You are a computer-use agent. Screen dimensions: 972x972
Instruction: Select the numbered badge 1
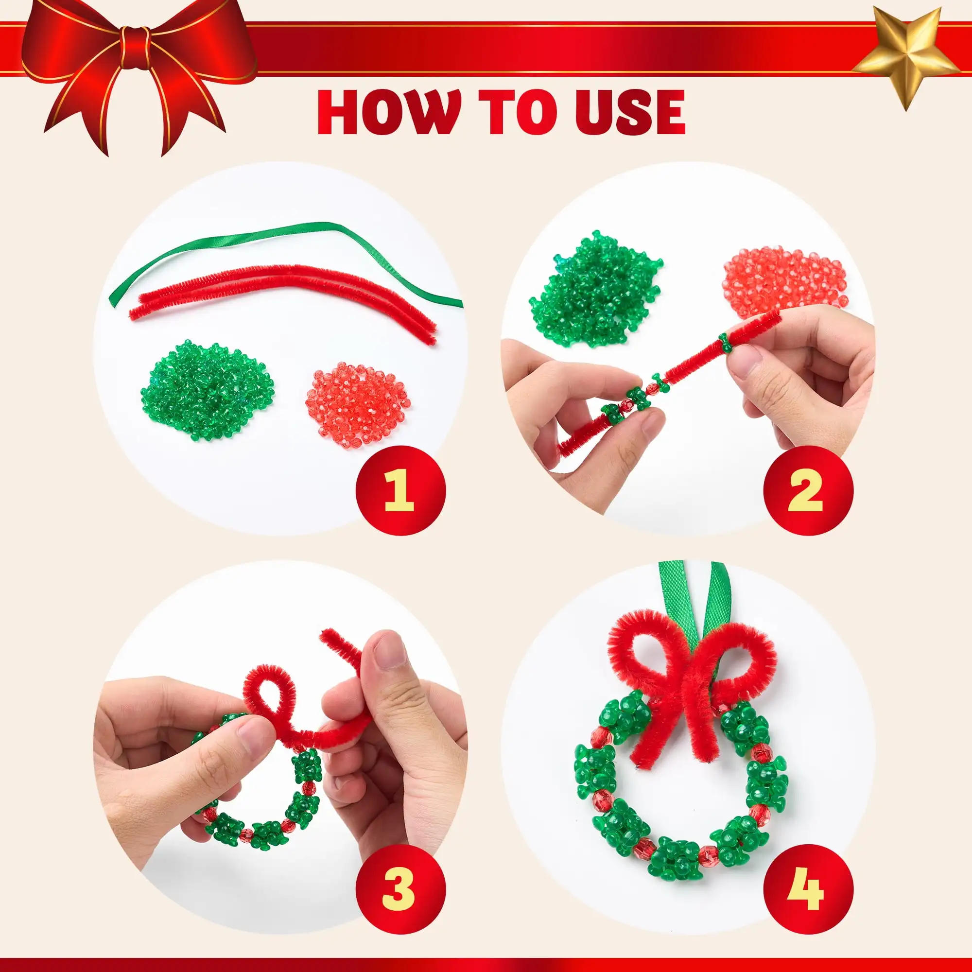coord(400,490)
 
